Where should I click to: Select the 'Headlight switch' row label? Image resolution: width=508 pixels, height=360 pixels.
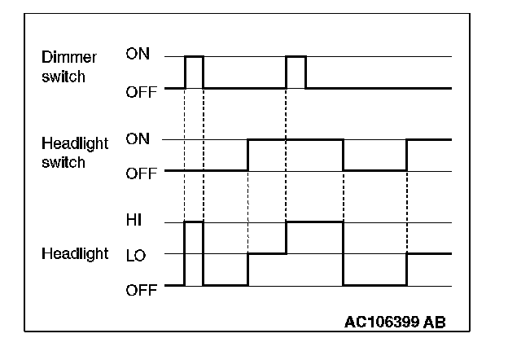tap(74, 151)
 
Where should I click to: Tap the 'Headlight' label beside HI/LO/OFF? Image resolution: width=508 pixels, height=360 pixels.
tap(74, 253)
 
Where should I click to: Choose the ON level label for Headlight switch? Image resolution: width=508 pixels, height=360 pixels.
tap(138, 138)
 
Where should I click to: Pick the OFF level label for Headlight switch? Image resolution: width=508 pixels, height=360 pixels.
tap(140, 173)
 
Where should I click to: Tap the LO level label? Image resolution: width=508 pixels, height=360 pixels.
tap(136, 255)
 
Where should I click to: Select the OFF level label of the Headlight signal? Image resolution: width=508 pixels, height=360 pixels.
tap(140, 289)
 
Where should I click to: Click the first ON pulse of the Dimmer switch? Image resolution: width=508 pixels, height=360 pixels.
tap(194, 57)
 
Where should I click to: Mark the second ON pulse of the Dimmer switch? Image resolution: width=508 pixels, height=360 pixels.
tap(296, 57)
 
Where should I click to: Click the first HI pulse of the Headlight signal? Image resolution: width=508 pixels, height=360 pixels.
tap(194, 222)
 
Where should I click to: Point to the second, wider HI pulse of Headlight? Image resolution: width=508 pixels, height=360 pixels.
tap(314, 222)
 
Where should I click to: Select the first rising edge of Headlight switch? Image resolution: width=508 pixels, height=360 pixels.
tap(247, 155)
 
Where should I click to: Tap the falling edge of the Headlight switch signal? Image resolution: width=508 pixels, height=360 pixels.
tap(344, 155)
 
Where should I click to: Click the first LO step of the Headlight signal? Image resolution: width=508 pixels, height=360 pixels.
tap(266, 253)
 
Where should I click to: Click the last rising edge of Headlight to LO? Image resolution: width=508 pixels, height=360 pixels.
tap(406, 269)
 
